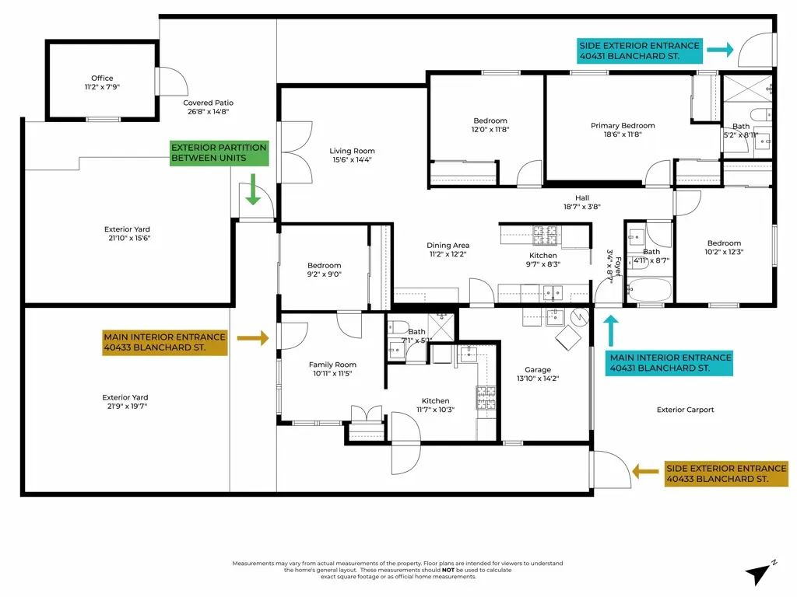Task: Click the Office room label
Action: (102, 79)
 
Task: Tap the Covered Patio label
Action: (208, 103)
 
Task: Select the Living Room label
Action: (352, 152)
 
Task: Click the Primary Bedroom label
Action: (623, 126)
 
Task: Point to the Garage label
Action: (537, 370)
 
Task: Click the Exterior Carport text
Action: (685, 410)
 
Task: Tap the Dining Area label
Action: (448, 246)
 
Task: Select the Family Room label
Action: (332, 365)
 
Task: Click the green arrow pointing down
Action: (253, 190)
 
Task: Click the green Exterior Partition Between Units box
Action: (219, 153)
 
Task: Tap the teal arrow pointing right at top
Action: (720, 51)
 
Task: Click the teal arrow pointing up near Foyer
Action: (610, 330)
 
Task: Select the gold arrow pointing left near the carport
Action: (645, 471)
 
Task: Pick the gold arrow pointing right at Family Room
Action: (252, 338)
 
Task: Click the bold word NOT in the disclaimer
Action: (449, 570)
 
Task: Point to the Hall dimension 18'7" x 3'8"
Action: (582, 207)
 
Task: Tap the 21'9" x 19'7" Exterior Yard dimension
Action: (127, 406)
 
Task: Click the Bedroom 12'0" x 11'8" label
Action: (490, 131)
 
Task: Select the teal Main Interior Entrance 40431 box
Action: (670, 363)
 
